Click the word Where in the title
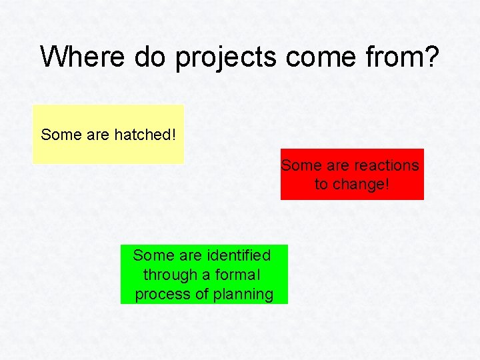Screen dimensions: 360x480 (x=83, y=57)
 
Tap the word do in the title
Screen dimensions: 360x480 (x=151, y=57)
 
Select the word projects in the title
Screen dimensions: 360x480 (x=226, y=58)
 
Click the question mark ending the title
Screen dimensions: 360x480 (x=431, y=57)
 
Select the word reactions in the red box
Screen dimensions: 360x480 (x=387, y=165)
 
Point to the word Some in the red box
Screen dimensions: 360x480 (x=301, y=165)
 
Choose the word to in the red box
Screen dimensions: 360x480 (x=321, y=184)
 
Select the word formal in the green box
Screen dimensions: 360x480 (x=237, y=275)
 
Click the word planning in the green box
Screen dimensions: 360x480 (x=243, y=295)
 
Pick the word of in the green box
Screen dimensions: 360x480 (x=201, y=295)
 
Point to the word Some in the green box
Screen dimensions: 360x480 (x=153, y=255)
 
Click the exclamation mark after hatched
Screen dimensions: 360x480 (x=174, y=135)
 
